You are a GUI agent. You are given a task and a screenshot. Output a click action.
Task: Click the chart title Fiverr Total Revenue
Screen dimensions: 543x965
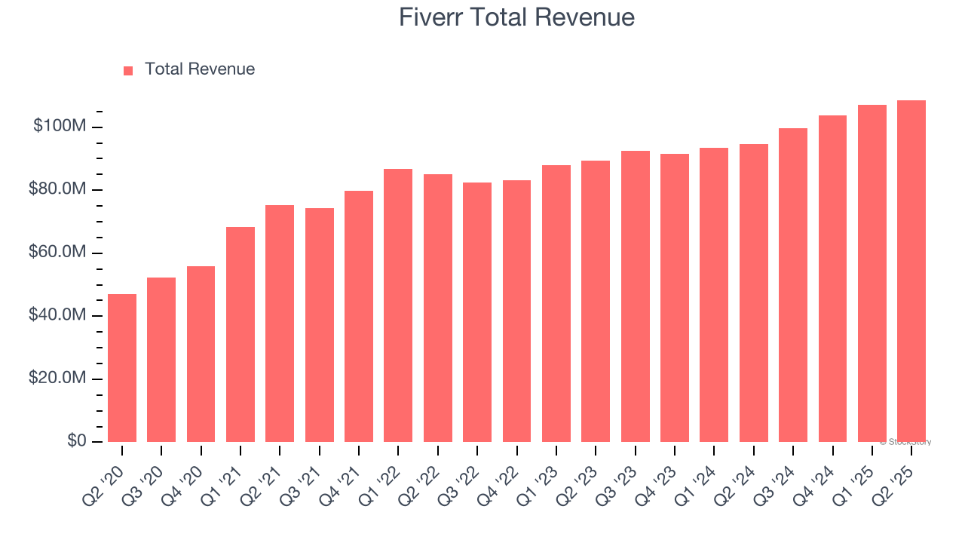tap(516, 17)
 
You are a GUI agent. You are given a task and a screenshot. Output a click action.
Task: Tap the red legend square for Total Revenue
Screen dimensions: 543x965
tap(128, 70)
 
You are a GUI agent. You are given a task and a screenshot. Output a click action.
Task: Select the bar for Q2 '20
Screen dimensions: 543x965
tap(122, 367)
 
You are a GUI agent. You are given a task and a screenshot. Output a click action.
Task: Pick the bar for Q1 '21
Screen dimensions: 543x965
tap(240, 334)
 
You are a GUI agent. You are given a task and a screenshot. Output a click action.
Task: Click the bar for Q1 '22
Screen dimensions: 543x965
tap(398, 305)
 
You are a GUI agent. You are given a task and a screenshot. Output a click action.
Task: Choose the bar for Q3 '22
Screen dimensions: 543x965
tap(477, 311)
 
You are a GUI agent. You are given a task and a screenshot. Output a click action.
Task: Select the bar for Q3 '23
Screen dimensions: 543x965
tap(635, 296)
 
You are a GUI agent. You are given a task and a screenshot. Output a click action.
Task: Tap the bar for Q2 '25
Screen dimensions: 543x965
tap(911, 271)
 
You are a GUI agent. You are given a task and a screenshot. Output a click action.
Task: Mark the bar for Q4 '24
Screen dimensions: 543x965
tap(832, 278)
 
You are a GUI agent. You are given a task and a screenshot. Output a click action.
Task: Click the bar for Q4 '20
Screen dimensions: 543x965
tap(201, 354)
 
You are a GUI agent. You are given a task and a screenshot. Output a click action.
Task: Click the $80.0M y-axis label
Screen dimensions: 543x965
tap(57, 189)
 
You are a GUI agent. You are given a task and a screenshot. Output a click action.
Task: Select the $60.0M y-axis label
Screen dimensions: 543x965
tap(57, 252)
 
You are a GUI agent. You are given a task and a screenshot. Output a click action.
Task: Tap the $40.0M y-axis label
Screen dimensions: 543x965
tap(57, 315)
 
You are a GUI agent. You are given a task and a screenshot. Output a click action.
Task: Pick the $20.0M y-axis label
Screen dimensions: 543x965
tap(57, 378)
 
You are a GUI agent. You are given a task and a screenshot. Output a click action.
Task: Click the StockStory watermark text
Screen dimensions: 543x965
tap(905, 442)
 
